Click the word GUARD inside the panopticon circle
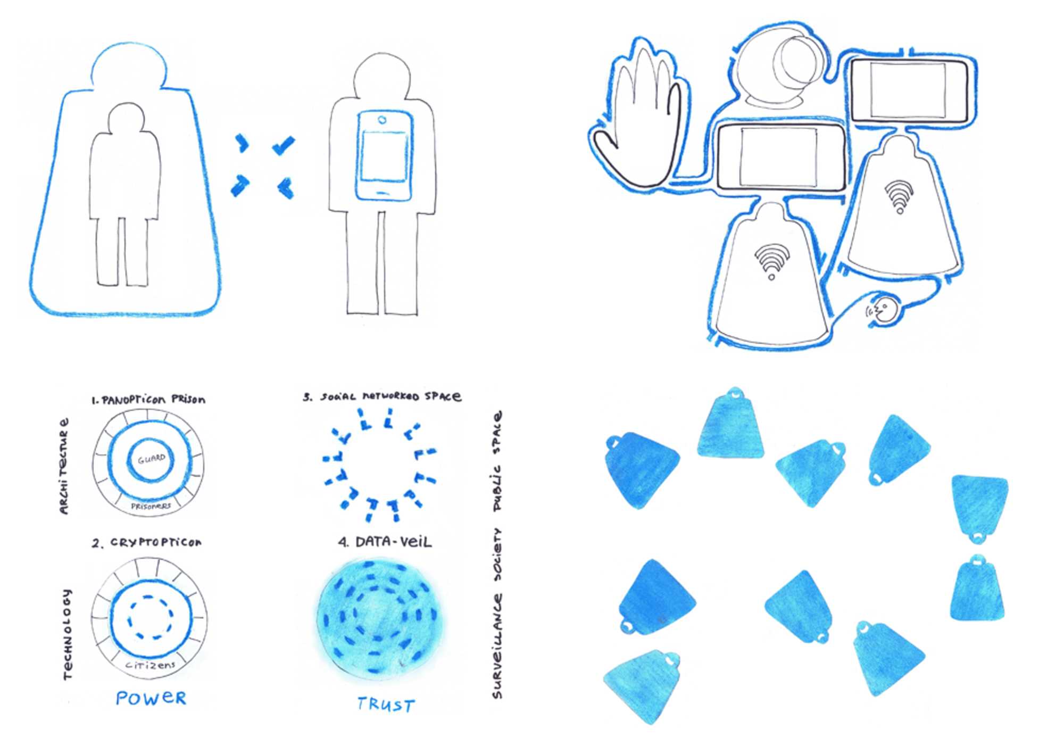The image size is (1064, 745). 152,459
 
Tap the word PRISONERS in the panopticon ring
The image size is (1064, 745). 151,506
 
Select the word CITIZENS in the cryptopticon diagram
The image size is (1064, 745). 151,665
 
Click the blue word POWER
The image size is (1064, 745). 151,698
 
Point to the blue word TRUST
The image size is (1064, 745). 386,705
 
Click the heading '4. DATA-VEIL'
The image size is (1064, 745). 385,542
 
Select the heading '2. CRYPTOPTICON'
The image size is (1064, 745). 147,543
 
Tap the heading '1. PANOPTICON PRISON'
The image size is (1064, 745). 148,399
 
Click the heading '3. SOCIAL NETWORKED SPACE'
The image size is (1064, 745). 382,396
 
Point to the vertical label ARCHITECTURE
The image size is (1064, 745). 64,466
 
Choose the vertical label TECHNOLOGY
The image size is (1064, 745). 67,634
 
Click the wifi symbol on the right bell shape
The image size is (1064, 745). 900,196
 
